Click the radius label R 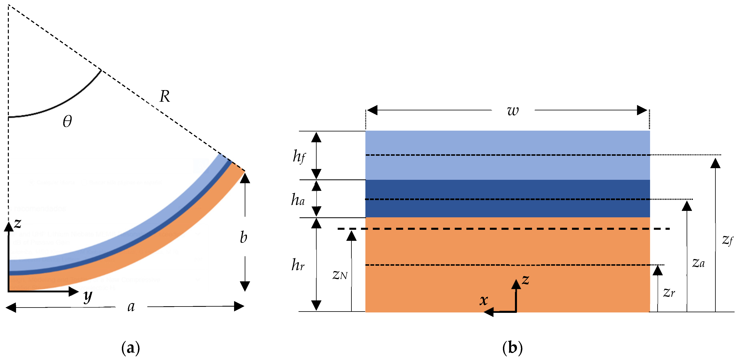[164, 96]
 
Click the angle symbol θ [67, 121]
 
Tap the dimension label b [243, 237]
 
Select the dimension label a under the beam [131, 307]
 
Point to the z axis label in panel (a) [17, 223]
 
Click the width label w [513, 111]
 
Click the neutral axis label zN [340, 275]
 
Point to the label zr [669, 293]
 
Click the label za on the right [698, 263]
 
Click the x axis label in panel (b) [484, 300]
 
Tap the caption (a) [131, 348]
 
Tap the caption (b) [512, 348]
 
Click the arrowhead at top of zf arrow [715, 163]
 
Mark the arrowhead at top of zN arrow [352, 236]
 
